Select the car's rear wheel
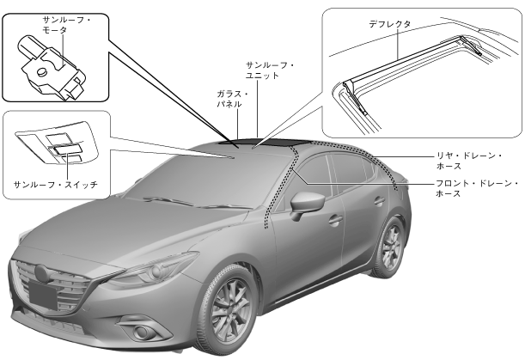[391, 246]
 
